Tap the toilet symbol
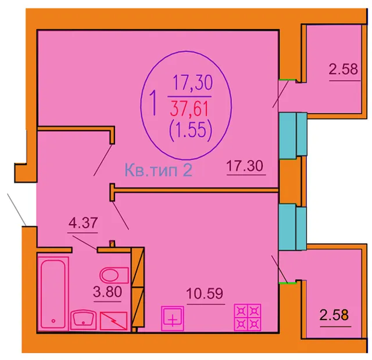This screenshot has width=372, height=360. pyautogui.click(x=114, y=275)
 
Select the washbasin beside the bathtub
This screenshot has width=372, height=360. pyautogui.click(x=84, y=319)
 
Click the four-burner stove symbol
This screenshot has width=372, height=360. pyautogui.click(x=248, y=318)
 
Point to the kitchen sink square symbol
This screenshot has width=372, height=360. pyautogui.click(x=173, y=318)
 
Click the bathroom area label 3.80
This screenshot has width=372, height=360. pyautogui.click(x=108, y=292)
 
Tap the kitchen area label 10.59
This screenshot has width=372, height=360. pyautogui.click(x=205, y=294)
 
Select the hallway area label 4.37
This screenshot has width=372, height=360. pyautogui.click(x=83, y=223)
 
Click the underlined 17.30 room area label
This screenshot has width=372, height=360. pyautogui.click(x=245, y=165)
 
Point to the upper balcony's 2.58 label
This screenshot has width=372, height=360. pyautogui.click(x=344, y=69)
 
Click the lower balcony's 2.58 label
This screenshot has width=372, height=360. pyautogui.click(x=334, y=315)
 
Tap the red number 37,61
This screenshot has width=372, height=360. pyautogui.click(x=189, y=109)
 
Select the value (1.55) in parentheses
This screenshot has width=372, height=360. pyautogui.click(x=191, y=131)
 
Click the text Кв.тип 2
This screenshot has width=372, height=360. pyautogui.click(x=159, y=170)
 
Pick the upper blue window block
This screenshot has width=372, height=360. pyautogui.click(x=293, y=135)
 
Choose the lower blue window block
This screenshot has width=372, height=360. pyautogui.click(x=292, y=227)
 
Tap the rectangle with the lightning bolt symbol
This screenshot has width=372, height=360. pyautogui.click(x=114, y=321)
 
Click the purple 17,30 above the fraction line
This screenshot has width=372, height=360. pyautogui.click(x=192, y=82)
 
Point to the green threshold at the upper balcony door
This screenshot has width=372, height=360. pyautogui.click(x=288, y=80)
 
